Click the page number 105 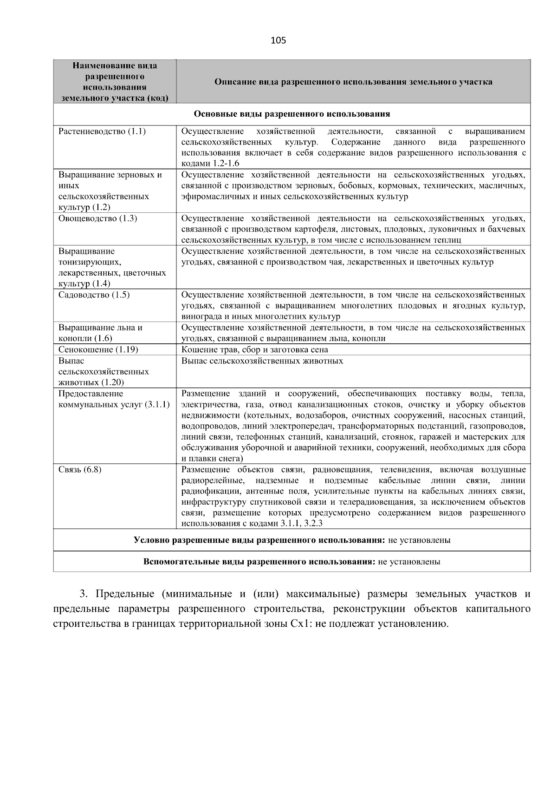[x=278, y=40]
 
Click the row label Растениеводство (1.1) [x=102, y=131]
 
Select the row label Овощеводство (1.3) [x=97, y=218]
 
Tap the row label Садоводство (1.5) [x=94, y=295]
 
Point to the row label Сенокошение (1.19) [x=98, y=350]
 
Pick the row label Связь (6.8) [x=80, y=469]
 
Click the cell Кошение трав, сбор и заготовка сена [x=254, y=350]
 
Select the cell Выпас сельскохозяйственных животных [x=262, y=361]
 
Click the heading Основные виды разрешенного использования [x=291, y=114]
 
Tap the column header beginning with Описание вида [x=353, y=82]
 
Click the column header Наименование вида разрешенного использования [x=115, y=82]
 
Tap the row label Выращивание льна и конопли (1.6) [x=100, y=333]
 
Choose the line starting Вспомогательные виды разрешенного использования [x=291, y=562]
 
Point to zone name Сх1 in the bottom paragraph [x=301, y=624]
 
